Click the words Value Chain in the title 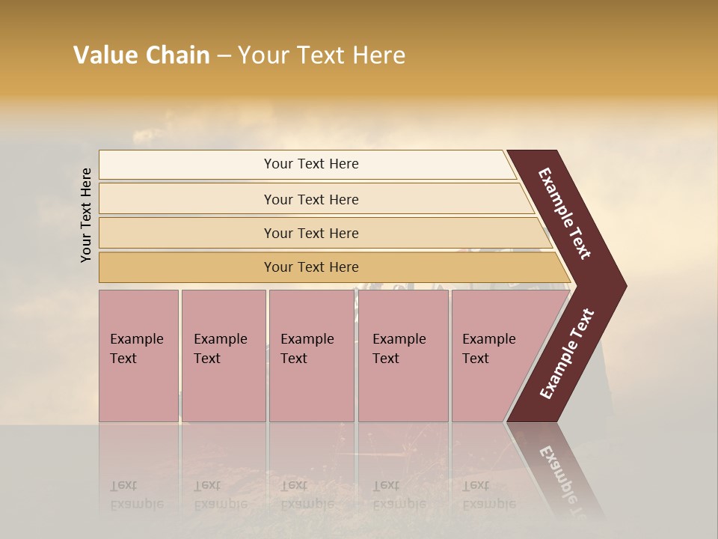coord(141,55)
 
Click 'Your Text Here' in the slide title coord(322,55)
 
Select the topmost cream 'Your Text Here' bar coord(310,164)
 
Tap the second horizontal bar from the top coord(310,199)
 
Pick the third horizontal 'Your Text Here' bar coord(310,233)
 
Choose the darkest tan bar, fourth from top coord(310,267)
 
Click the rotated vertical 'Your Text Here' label coord(86,215)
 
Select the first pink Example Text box coord(138,356)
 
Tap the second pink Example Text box coord(223,356)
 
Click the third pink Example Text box coord(311,356)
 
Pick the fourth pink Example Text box coord(402,356)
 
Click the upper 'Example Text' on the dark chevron coord(565,213)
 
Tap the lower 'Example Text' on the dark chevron coord(567,354)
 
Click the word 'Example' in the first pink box coord(136,339)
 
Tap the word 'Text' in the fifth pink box coord(476,359)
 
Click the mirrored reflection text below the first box coord(136,495)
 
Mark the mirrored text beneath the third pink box coord(307,495)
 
